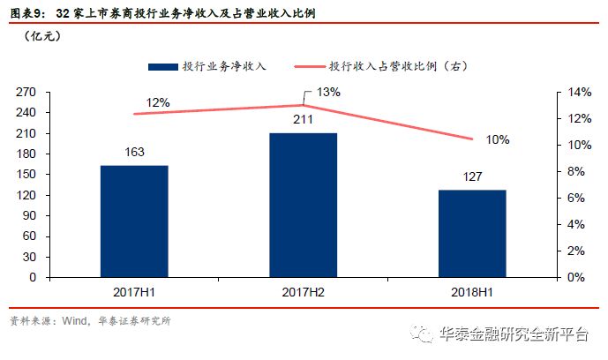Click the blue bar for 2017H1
pos(134,221)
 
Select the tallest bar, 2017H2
pos(303,205)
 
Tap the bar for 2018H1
pos(472,233)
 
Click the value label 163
pos(134,153)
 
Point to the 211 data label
pos(303,121)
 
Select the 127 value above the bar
pos(472,177)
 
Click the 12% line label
pos(158,102)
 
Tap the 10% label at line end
pos(498,139)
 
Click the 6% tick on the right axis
pos(575,198)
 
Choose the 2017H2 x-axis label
pos(303,290)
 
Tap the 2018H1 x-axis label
pos(472,290)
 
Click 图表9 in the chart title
pos(23,14)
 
